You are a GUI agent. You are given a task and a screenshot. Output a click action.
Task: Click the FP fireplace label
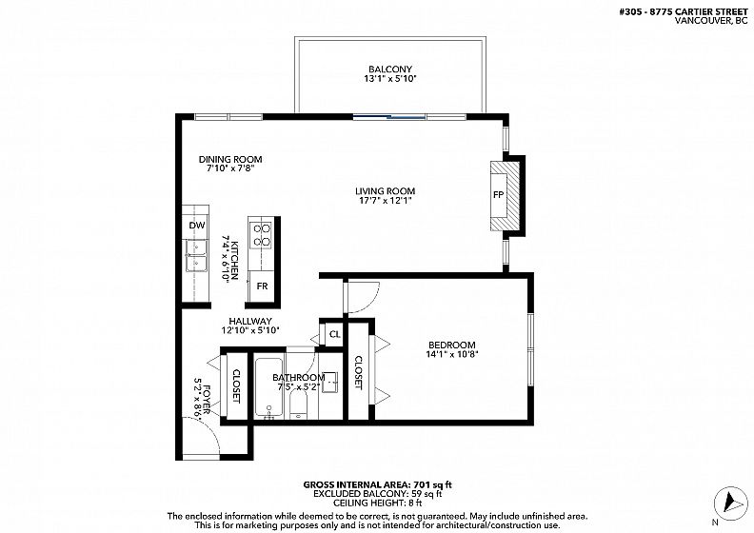click(x=498, y=195)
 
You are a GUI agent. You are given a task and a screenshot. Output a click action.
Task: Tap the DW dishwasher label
click(x=197, y=225)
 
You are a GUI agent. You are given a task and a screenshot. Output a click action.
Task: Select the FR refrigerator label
click(x=262, y=286)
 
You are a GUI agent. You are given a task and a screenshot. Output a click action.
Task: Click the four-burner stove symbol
click(x=262, y=235)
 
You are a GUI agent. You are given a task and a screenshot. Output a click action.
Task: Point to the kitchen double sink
click(x=196, y=255)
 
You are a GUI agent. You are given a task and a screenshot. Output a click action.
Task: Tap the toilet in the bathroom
click(x=299, y=407)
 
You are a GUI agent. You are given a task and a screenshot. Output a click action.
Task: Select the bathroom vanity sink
click(x=329, y=382)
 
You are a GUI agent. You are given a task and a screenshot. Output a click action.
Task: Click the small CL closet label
click(x=335, y=334)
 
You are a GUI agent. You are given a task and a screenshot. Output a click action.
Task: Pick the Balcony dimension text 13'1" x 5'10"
click(x=390, y=78)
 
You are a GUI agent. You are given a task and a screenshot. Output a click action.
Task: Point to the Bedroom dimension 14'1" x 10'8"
click(x=452, y=355)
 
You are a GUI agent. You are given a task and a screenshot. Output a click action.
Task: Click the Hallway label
click(x=250, y=321)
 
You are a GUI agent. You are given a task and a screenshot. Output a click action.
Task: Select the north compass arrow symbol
click(x=730, y=503)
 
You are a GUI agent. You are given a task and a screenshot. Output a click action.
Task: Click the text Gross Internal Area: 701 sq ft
click(x=378, y=484)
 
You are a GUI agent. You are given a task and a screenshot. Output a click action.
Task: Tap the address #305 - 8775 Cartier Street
click(x=684, y=12)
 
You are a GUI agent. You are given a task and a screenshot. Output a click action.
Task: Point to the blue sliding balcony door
click(x=389, y=116)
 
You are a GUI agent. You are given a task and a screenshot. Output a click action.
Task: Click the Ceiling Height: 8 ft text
click(x=378, y=503)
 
